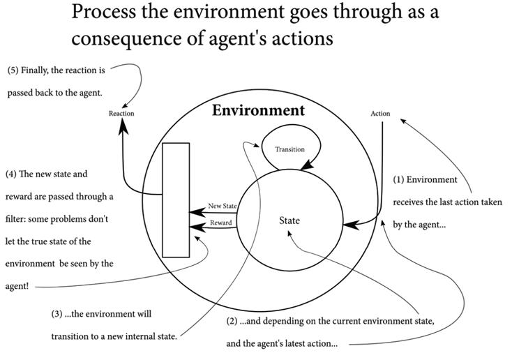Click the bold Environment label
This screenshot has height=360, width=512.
click(x=258, y=110)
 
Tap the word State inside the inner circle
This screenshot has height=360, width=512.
click(x=289, y=220)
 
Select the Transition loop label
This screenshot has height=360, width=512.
click(x=289, y=149)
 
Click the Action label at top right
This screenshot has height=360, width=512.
click(x=380, y=114)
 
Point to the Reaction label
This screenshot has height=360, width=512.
click(x=121, y=114)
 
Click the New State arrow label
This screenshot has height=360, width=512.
click(x=223, y=206)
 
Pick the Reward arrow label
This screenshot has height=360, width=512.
click(x=221, y=223)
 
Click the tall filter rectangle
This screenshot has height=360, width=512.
click(x=176, y=200)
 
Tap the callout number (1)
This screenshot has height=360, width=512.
click(x=399, y=179)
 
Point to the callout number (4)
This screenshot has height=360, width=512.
click(x=12, y=174)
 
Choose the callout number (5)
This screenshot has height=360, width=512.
click(x=14, y=70)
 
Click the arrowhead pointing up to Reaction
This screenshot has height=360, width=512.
click(x=123, y=126)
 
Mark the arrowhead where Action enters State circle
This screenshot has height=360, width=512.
click(x=348, y=224)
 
